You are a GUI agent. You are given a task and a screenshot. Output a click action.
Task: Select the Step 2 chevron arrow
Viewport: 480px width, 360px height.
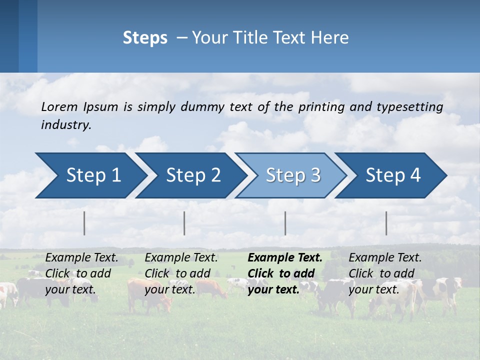tap(193, 175)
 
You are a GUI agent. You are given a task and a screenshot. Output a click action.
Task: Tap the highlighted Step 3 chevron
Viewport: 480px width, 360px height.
tap(293, 175)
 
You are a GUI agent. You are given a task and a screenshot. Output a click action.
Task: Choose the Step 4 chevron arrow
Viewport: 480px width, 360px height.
tap(393, 175)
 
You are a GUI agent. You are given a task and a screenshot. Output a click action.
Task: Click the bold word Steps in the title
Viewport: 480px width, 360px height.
tap(145, 38)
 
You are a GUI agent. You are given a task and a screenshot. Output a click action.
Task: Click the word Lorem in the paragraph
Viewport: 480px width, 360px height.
tap(59, 106)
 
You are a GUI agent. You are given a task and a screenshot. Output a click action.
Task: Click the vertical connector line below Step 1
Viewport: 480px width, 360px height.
tap(84, 223)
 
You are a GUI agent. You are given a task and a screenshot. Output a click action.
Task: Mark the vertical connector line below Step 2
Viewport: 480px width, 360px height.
tap(184, 223)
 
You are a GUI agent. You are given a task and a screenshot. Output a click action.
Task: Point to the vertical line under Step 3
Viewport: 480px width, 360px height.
tap(285, 223)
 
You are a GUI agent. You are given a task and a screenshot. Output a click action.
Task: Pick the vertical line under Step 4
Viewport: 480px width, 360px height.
tap(386, 223)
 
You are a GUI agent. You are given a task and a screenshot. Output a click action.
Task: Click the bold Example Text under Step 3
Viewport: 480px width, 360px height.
tap(285, 257)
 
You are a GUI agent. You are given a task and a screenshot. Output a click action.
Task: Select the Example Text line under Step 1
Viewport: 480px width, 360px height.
tap(81, 257)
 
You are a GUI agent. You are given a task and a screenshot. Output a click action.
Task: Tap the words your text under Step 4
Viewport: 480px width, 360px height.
tap(373, 289)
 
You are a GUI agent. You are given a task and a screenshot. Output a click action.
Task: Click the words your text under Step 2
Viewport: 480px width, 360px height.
tap(169, 289)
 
